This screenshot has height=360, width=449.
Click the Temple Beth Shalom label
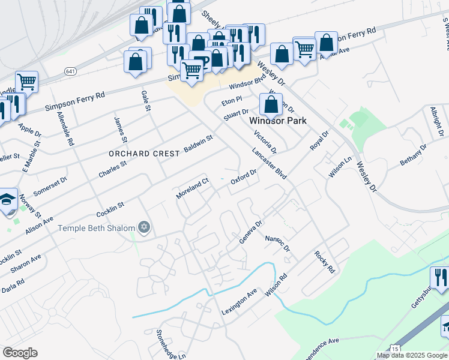click(96, 228)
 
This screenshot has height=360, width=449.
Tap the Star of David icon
click(143, 227)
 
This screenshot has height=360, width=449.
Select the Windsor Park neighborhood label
click(278, 121)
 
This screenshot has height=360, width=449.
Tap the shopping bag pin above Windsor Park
click(271, 104)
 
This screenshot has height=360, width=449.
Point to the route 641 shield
click(71, 71)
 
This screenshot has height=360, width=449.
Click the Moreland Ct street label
click(192, 188)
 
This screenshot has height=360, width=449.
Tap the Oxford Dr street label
click(244, 178)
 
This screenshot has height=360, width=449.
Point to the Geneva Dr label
click(251, 232)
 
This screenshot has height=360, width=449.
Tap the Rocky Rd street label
click(324, 262)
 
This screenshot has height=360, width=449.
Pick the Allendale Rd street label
click(65, 128)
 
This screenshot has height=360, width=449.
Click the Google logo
click(20, 353)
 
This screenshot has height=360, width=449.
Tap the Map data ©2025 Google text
click(412, 355)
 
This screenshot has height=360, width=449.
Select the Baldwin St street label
click(199, 143)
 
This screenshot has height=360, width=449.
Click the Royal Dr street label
click(319, 142)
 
